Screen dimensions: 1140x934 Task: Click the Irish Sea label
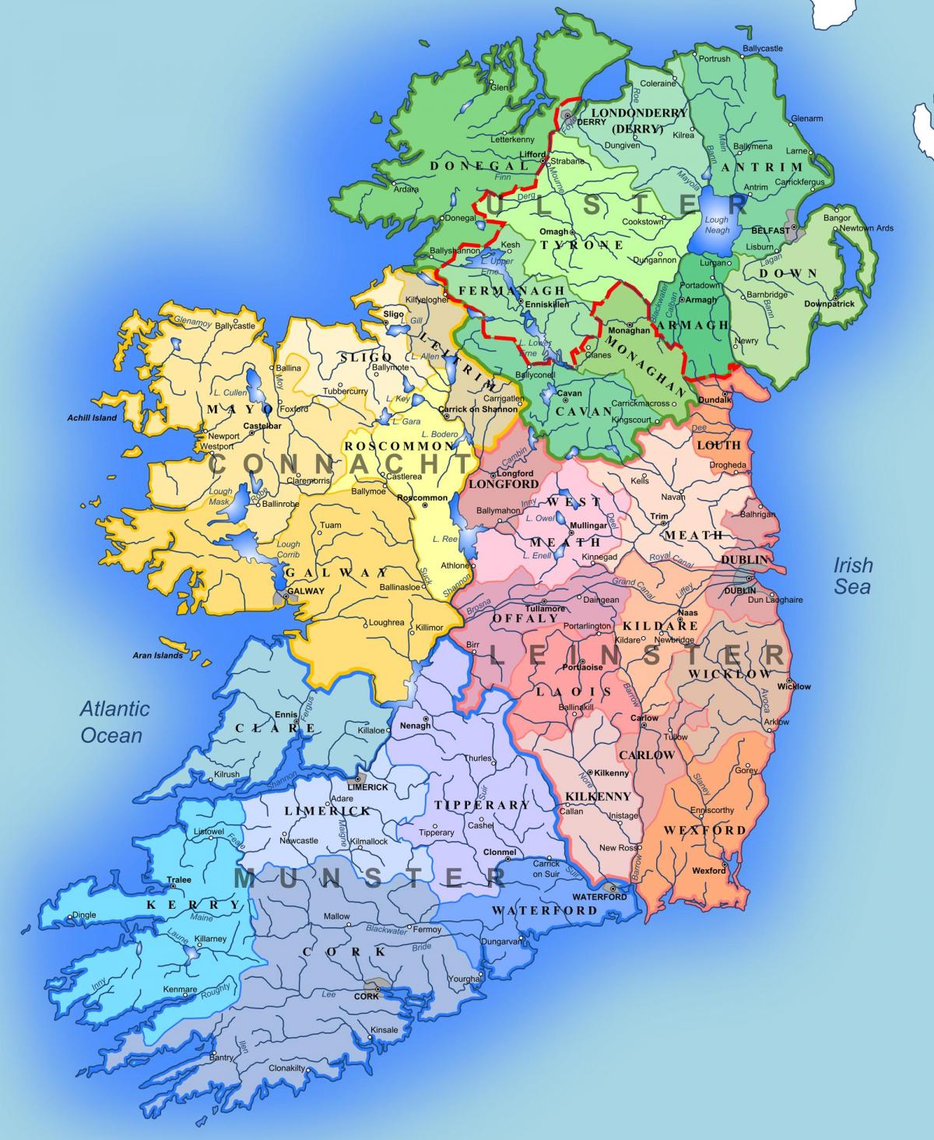(853, 575)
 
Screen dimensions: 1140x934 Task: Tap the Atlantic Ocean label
(114, 722)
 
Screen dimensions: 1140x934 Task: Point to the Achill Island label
(92, 418)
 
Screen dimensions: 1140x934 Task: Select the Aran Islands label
(157, 656)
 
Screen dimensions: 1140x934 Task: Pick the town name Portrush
(714, 58)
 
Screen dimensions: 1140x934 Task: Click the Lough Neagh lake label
(716, 225)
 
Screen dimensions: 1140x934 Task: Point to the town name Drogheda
(728, 465)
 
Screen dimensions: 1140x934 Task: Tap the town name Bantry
(220, 1057)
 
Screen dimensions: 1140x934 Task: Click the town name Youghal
(465, 979)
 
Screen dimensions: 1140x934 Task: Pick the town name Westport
(216, 446)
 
